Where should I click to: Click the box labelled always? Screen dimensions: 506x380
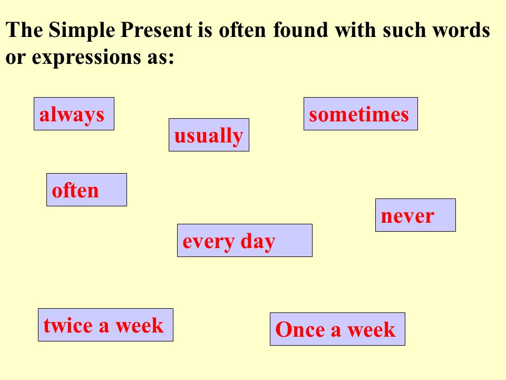click(x=74, y=114)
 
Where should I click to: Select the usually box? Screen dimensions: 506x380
click(x=209, y=135)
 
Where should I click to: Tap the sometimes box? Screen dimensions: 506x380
click(x=361, y=114)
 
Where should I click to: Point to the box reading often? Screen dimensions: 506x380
click(x=86, y=189)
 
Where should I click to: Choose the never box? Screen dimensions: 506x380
click(x=415, y=215)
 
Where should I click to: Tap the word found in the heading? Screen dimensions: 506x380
click(x=300, y=30)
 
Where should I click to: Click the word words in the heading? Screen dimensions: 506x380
click(x=461, y=30)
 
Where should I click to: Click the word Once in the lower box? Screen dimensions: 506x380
click(x=300, y=329)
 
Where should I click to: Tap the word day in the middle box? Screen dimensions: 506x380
click(x=258, y=241)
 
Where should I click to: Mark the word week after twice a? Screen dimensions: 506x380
click(x=139, y=325)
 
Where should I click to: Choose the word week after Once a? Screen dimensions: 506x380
click(x=371, y=329)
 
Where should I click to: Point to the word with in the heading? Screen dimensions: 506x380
click(x=355, y=30)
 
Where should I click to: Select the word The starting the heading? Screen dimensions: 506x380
click(x=24, y=30)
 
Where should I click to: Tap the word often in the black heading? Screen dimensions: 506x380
click(x=242, y=30)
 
